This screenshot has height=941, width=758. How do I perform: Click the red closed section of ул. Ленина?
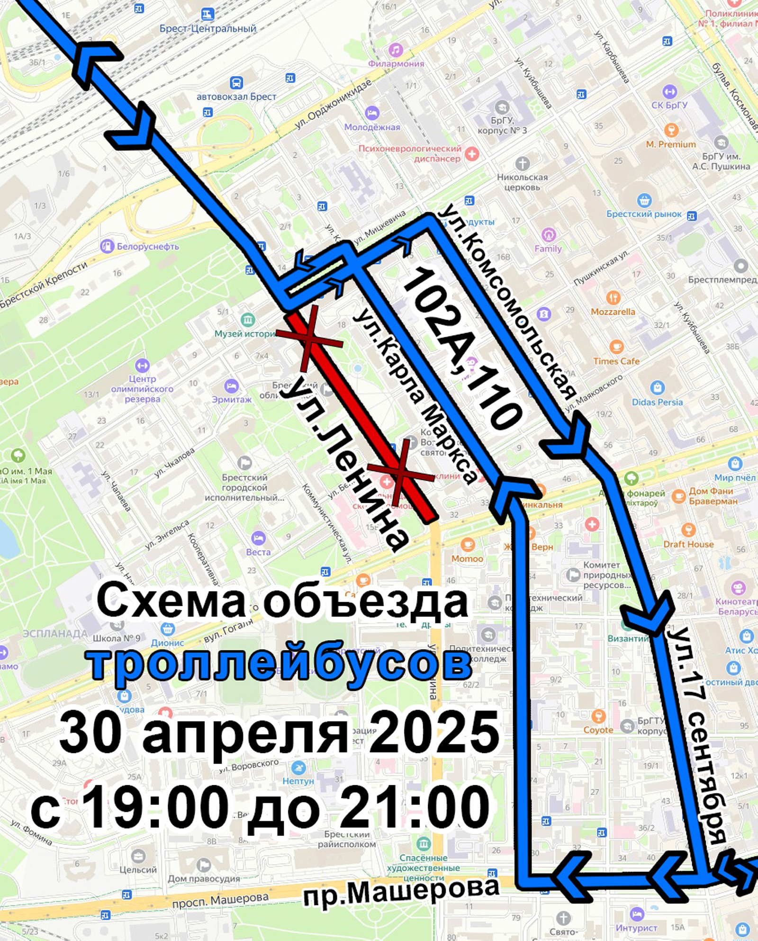tap(360, 417)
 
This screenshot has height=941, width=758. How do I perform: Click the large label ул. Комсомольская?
tap(507, 303)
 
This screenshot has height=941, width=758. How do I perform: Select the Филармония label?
tap(396, 63)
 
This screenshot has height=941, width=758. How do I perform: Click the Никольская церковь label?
tap(522, 182)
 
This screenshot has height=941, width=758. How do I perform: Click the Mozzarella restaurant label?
tap(613, 312)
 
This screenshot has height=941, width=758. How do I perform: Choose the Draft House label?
tap(688, 544)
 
